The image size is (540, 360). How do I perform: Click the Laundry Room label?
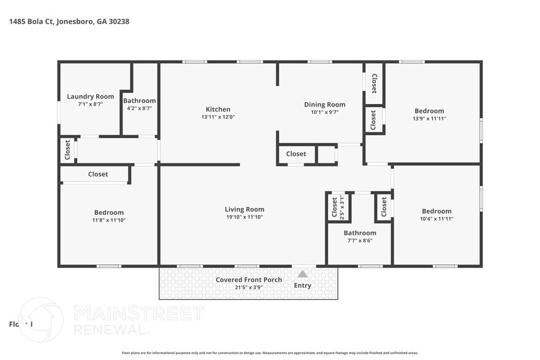click(90, 96)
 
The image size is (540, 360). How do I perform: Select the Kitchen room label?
click(218, 109)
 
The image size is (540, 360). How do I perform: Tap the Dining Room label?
click(324, 104)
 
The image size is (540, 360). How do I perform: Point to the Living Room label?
click(244, 209)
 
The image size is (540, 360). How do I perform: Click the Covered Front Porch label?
click(249, 280)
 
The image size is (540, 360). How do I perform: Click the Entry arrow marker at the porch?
click(302, 274)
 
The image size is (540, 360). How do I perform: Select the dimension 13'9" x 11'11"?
click(429, 119)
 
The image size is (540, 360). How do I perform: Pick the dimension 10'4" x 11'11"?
click(437, 219)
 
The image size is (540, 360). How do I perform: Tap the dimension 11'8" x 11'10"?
click(109, 220)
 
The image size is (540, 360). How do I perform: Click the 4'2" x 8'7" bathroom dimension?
click(139, 108)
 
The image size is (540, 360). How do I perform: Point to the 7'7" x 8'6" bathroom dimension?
click(359, 241)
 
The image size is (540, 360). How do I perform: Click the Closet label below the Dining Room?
click(296, 154)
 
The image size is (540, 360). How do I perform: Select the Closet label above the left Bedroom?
click(98, 174)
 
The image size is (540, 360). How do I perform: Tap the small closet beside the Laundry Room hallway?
click(67, 150)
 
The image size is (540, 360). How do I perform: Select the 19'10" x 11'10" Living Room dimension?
click(244, 217)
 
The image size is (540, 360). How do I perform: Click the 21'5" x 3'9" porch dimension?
click(249, 287)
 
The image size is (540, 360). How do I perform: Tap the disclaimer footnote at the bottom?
click(269, 353)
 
